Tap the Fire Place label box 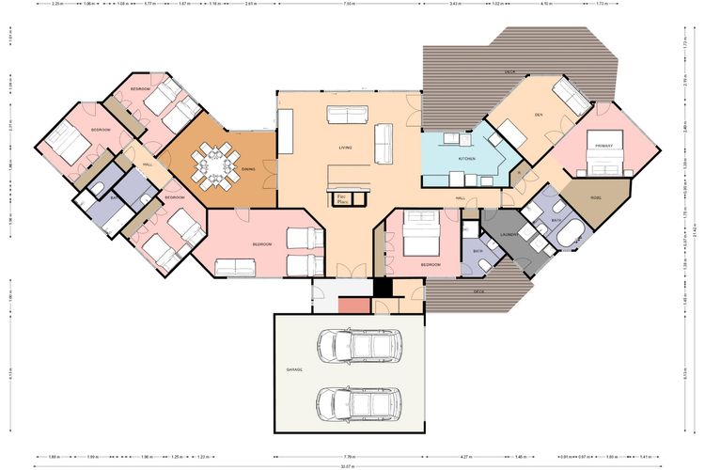tap(342, 197)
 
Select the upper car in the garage tap(359, 346)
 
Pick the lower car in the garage tap(359, 403)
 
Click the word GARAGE tap(294, 370)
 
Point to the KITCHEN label tap(467, 159)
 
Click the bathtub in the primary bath tap(570, 233)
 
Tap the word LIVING tap(345, 148)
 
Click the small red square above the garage tap(353, 305)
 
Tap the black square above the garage tap(382, 288)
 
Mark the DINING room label tap(247, 169)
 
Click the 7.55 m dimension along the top tap(349, 5)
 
